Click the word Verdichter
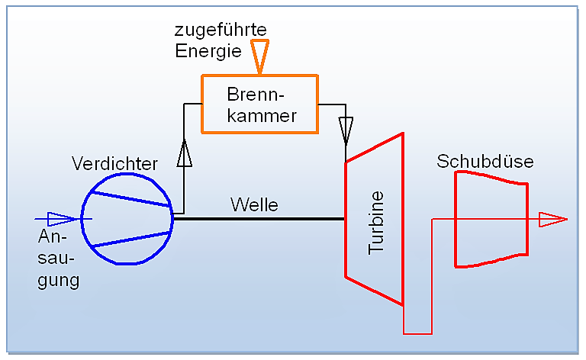coord(114,163)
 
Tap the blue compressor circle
coord(82,219)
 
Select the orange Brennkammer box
coord(201,104)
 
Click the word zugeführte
coord(221,30)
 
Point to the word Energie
coord(208,51)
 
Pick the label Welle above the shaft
coord(254,204)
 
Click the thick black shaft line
coord(259,219)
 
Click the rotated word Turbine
coord(376,223)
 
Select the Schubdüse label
coord(485,162)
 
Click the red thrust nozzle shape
coord(456,219)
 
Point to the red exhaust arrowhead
coord(552,219)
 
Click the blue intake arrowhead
coord(63,219)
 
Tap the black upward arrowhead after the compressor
coord(184,153)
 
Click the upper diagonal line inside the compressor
coord(130,199)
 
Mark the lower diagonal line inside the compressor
coord(130,239)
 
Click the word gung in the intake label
coord(59,281)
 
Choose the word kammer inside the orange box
coord(262,116)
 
